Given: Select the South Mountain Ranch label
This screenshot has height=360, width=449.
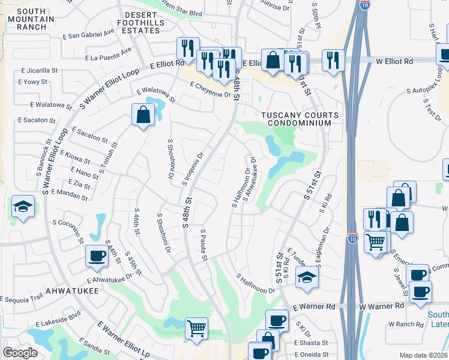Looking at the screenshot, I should click(23, 19).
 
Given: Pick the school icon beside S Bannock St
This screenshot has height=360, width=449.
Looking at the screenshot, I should click(23, 207).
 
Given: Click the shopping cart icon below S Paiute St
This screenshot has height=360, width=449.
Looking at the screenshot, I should click(196, 329).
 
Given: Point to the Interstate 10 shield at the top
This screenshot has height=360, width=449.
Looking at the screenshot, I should click(364, 5).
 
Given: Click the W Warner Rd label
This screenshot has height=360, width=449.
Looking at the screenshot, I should click(381, 306).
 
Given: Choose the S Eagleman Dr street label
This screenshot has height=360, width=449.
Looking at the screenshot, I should click(327, 238).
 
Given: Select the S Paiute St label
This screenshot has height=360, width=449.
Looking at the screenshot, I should click(203, 245).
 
